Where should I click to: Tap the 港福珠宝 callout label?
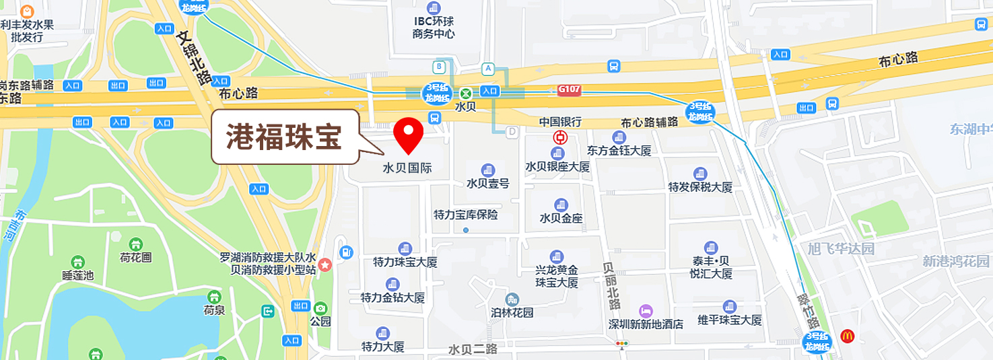click(284, 137)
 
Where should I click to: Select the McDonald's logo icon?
click(847, 334)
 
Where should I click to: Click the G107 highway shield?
click(569, 89)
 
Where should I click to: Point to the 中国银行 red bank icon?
click(560, 137)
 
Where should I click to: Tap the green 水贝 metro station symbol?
click(466, 93)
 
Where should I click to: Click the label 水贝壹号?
click(488, 183)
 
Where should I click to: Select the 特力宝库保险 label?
click(466, 215)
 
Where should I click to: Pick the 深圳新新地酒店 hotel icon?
click(646, 311)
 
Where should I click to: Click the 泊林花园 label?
click(512, 312)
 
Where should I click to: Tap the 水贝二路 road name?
click(473, 349)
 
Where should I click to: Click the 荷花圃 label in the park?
click(136, 257)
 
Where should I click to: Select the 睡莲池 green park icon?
click(78, 262)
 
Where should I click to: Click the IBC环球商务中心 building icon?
click(434, 8)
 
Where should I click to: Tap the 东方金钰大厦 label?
click(619, 150)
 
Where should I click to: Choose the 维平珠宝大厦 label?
click(729, 320)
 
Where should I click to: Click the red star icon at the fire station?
click(325, 264)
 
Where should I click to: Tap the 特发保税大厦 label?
click(700, 187)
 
